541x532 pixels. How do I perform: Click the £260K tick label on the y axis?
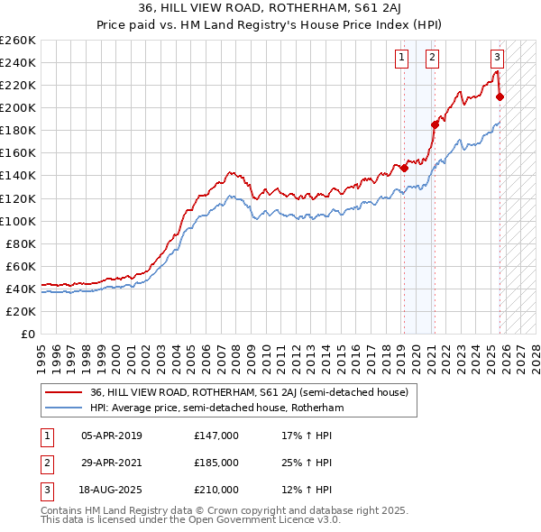click(x=18, y=41)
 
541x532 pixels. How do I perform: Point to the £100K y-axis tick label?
click(x=18, y=221)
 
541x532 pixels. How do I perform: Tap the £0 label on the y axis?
click(x=29, y=335)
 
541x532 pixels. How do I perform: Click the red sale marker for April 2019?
click(x=404, y=168)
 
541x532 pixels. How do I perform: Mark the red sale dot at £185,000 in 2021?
click(x=435, y=124)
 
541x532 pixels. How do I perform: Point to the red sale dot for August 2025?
click(x=500, y=96)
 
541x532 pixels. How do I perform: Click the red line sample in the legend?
click(x=63, y=392)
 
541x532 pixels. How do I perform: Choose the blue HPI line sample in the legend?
click(x=63, y=408)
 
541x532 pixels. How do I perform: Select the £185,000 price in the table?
click(x=216, y=463)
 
